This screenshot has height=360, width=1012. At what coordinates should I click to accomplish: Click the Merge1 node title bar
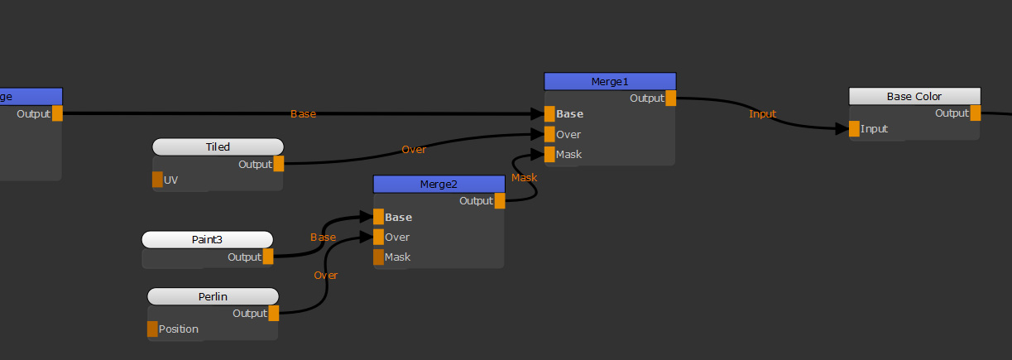610,81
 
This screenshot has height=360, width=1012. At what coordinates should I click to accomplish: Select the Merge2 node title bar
439,184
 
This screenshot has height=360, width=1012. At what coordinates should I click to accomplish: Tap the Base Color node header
914,97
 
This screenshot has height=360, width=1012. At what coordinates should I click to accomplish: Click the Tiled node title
218,147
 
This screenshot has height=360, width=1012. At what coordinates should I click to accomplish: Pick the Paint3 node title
207,240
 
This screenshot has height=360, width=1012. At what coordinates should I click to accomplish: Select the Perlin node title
213,296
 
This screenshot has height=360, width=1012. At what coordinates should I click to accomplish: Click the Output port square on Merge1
670,98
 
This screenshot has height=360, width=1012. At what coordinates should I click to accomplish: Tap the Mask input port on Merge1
549,155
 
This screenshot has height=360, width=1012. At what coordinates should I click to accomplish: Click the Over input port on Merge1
549,134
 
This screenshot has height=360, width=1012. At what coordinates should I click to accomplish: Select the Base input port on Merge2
379,218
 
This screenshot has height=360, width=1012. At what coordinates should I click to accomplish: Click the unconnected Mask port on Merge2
379,257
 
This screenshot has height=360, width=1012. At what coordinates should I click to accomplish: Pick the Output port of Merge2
499,201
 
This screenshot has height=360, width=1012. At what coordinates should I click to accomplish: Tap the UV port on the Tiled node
157,180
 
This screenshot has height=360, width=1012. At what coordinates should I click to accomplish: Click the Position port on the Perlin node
152,329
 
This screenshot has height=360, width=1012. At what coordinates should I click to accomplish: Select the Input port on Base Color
854,129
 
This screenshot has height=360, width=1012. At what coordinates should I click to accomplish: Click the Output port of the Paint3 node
267,257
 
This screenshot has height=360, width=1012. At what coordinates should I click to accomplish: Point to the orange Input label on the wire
762,114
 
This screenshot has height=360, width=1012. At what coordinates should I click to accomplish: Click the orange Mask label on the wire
524,178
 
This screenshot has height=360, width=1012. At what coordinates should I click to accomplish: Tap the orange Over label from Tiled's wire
414,150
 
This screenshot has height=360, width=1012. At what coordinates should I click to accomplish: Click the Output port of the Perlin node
273,314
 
